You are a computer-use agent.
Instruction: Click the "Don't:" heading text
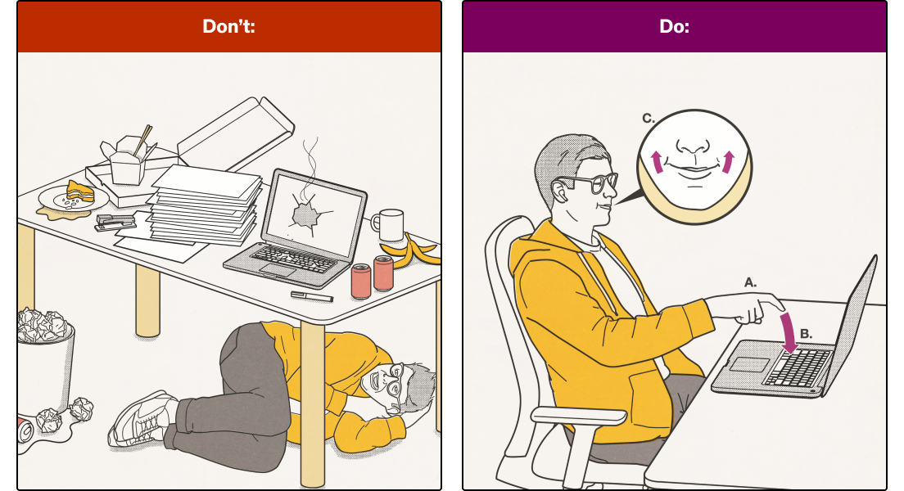click(229, 26)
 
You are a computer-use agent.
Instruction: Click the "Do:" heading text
click(674, 26)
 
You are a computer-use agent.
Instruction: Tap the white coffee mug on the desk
click(388, 225)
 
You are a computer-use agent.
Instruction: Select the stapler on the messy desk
click(115, 222)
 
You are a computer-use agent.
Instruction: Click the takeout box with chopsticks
click(128, 160)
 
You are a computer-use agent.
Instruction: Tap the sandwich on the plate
click(79, 191)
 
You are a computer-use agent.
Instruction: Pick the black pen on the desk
click(312, 296)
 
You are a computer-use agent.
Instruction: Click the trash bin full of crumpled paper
click(45, 360)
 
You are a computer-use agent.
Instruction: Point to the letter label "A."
click(750, 282)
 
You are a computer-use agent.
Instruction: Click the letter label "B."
click(806, 334)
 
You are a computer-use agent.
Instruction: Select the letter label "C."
click(649, 118)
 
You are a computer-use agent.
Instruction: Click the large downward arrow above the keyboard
click(788, 332)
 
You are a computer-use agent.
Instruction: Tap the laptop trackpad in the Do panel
click(749, 364)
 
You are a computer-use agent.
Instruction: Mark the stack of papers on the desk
click(205, 205)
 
